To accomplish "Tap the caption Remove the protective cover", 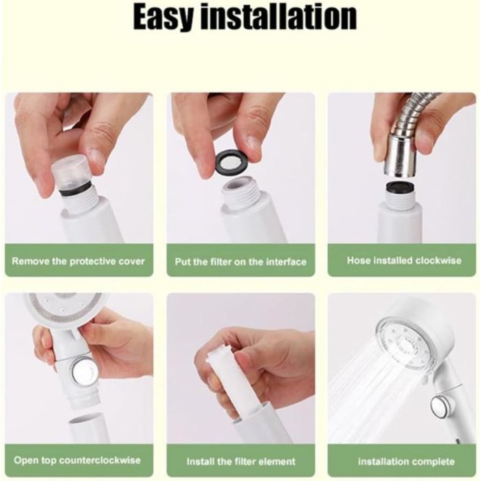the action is [x=78, y=261].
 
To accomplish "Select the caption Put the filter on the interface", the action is [x=240, y=262].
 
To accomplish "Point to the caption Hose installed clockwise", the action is [x=404, y=260].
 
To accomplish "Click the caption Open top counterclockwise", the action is [x=77, y=460].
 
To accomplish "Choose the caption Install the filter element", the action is [x=240, y=461].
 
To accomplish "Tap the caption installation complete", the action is [x=406, y=461].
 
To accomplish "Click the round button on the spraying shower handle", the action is [x=441, y=407].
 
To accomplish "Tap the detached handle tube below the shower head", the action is [x=89, y=429].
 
